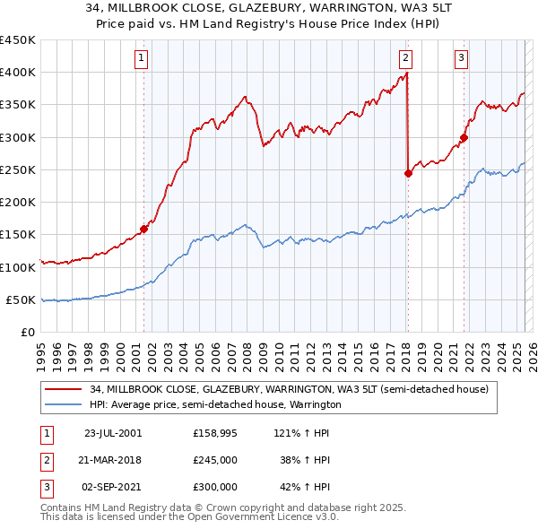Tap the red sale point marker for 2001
pos(143,229)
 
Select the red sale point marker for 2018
pos(408,173)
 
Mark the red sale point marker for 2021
pos(464,137)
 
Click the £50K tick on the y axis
pos(21,299)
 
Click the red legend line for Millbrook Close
pos(63,390)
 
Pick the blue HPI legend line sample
pos(63,405)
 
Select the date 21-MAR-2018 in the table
pos(111,460)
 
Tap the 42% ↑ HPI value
pos(304,487)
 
